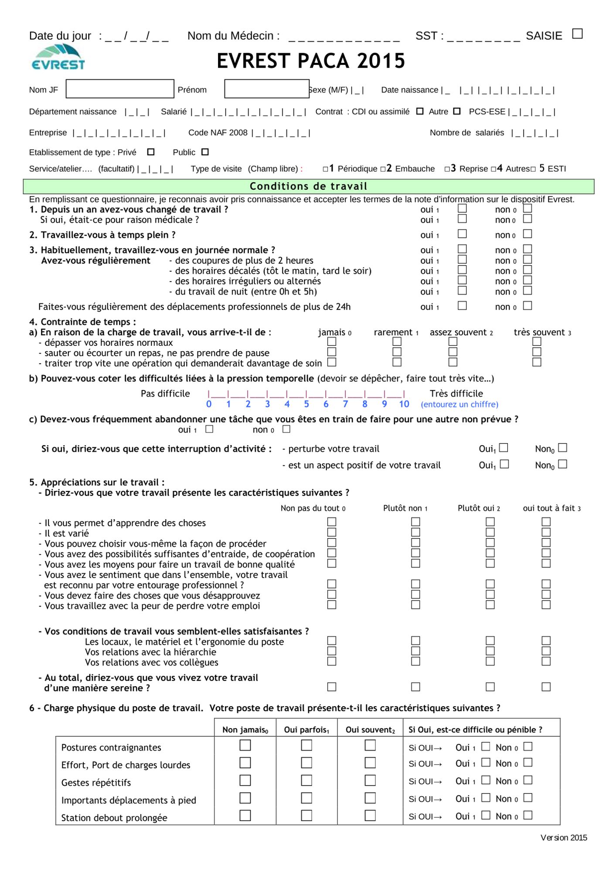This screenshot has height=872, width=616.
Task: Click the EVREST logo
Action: pyautogui.click(x=58, y=58)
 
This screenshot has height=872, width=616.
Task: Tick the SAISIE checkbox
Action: pyautogui.click(x=577, y=34)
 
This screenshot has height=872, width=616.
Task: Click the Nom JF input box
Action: pyautogui.click(x=120, y=89)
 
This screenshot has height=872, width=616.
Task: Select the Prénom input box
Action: pyautogui.click(x=266, y=89)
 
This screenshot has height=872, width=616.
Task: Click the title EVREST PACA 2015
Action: pyautogui.click(x=311, y=61)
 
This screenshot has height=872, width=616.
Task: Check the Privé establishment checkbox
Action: pyautogui.click(x=151, y=152)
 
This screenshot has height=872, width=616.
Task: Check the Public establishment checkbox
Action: pyautogui.click(x=205, y=152)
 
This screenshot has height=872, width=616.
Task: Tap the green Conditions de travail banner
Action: pyautogui.click(x=308, y=186)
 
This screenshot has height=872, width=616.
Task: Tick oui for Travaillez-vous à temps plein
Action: pyautogui.click(x=462, y=234)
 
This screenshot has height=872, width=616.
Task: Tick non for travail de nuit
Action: pyautogui.click(x=528, y=291)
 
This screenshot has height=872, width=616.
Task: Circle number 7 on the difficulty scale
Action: pyautogui.click(x=345, y=404)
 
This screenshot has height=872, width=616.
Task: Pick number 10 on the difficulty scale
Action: pyautogui.click(x=404, y=404)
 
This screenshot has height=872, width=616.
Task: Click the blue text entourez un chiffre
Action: pyautogui.click(x=459, y=405)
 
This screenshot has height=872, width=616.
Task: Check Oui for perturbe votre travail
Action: pyautogui.click(x=504, y=448)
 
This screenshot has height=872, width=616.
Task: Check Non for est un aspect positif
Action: pyautogui.click(x=563, y=464)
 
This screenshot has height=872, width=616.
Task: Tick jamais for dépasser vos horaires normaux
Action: pyautogui.click(x=332, y=342)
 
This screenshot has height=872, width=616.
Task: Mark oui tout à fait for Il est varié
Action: pyautogui.click(x=546, y=532)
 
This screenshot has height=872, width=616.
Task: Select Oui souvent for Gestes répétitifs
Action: pyautogui.click(x=370, y=780)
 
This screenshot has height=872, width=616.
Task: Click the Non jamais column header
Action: pyautogui.click(x=245, y=730)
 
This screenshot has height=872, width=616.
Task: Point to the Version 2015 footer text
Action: pyautogui.click(x=563, y=838)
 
